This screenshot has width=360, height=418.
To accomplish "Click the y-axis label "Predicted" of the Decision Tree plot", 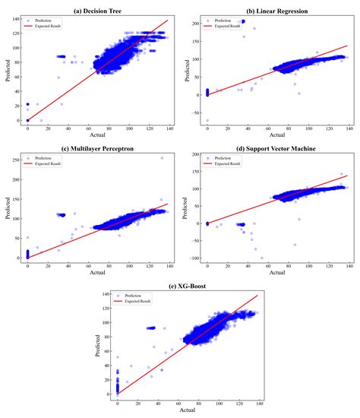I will pos(6,69).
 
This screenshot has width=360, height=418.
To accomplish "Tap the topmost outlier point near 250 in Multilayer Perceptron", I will pos(162,158).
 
